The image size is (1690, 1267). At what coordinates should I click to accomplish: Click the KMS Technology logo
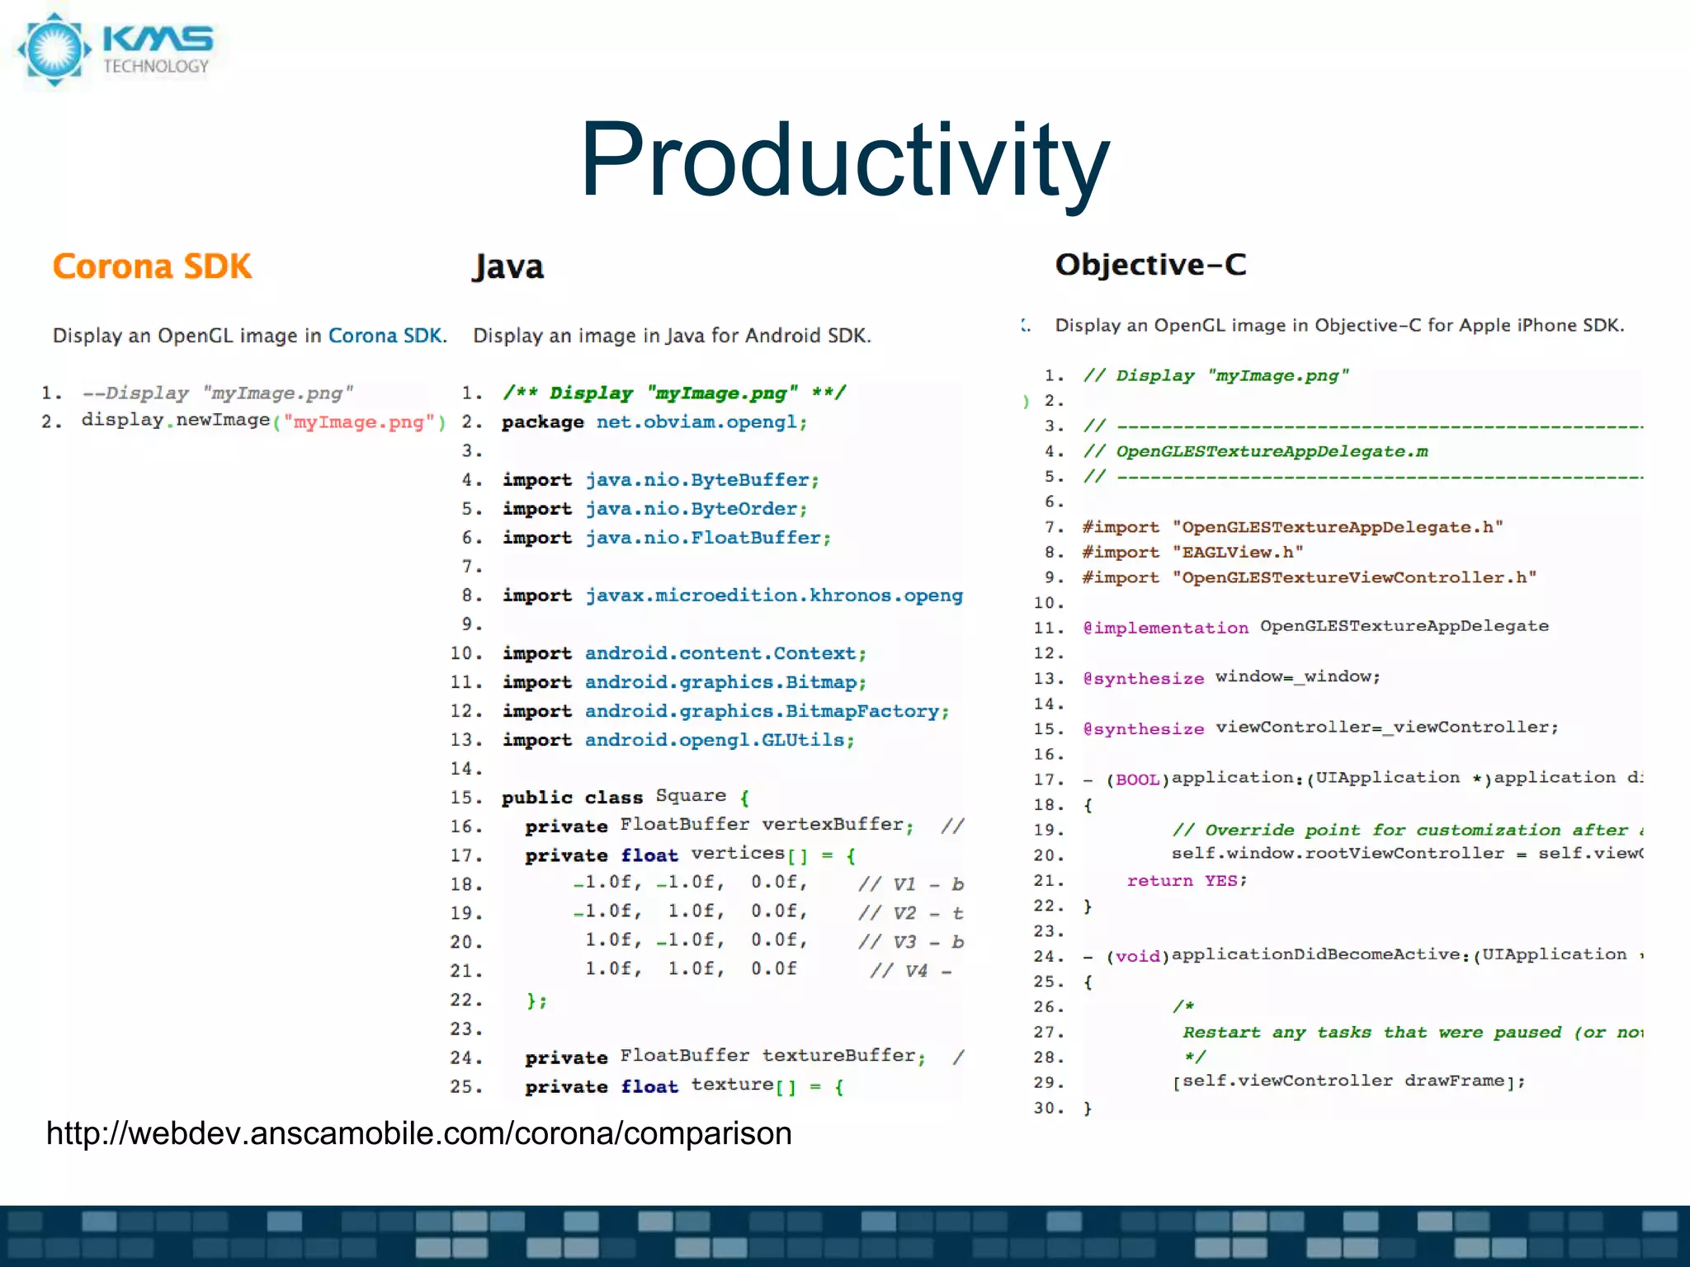pos(116,49)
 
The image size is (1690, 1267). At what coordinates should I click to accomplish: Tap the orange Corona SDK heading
pos(152,266)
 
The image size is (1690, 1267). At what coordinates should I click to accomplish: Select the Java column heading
pos(507,266)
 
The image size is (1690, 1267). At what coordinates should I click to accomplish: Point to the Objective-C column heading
pos(1150,264)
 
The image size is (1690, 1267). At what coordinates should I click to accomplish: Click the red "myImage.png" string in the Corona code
pos(359,422)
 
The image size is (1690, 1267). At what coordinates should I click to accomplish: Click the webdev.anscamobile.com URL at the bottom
pos(418,1133)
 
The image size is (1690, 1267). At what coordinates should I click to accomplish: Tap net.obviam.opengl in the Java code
pos(700,422)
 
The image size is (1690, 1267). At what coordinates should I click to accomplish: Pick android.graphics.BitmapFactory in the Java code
pos(766,711)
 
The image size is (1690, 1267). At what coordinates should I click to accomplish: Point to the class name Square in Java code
pos(691,796)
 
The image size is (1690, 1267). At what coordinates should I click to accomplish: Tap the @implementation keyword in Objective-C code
pos(1165,628)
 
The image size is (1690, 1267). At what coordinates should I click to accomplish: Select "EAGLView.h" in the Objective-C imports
pos(1238,552)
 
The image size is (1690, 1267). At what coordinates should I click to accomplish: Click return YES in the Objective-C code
pos(1187,881)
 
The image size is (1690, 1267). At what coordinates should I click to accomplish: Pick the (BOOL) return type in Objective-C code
pos(1138,780)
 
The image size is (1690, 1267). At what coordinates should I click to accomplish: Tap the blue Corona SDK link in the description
pos(386,336)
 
